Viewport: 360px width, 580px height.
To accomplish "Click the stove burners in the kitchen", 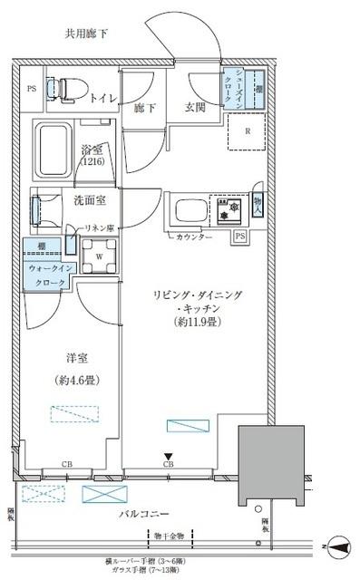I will click(227, 209).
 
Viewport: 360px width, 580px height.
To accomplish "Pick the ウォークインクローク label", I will click(47, 275).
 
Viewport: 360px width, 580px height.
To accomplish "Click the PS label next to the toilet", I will click(31, 89).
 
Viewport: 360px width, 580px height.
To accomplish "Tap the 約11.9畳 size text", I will click(195, 322).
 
